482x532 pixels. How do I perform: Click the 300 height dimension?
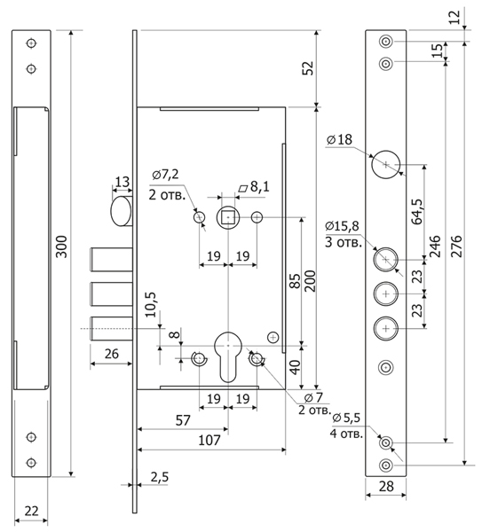point(62,246)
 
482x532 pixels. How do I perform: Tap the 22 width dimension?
point(31,511)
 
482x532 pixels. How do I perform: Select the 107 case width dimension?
point(209,441)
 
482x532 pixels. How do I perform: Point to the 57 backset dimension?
point(183,420)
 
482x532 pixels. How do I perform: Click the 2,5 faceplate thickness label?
point(159,477)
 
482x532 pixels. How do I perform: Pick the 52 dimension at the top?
point(308,68)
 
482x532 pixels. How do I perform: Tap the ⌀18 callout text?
point(339,139)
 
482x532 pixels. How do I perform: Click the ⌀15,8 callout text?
point(342,226)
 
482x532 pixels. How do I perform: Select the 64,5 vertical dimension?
point(417,212)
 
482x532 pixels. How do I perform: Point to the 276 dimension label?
point(457,246)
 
